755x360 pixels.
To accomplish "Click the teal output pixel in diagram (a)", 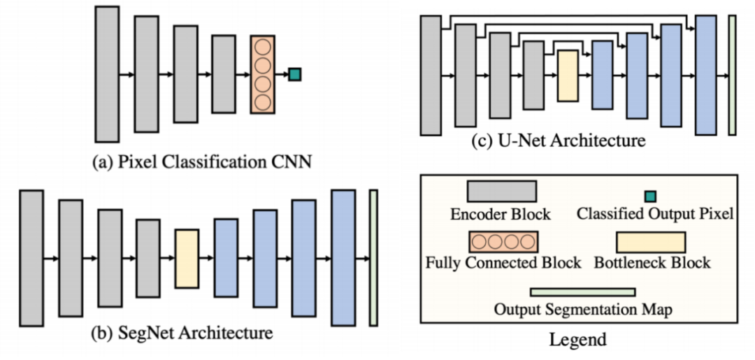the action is (x=295, y=74).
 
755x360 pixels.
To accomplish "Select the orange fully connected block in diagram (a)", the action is (x=262, y=74).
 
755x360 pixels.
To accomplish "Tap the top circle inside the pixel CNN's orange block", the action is (x=262, y=47).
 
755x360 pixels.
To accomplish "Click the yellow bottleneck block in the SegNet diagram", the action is (x=187, y=259).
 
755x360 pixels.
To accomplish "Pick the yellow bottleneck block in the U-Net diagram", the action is (x=568, y=75).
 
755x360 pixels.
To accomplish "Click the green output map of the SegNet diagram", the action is (x=373, y=257).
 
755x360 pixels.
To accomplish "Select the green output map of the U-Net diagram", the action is (x=732, y=75).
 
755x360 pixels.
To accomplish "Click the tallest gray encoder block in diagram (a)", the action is (x=107, y=74).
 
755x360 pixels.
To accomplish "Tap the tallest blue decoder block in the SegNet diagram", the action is (x=343, y=257).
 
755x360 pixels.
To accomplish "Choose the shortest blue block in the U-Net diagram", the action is (x=603, y=75).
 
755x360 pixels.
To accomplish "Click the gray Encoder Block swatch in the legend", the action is (x=502, y=191).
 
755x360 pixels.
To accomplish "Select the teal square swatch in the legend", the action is (x=651, y=196).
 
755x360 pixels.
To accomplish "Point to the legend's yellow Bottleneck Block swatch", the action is (x=651, y=242).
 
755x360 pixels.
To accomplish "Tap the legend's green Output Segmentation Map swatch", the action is (x=582, y=291).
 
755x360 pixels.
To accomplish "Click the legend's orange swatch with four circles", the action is (x=503, y=242).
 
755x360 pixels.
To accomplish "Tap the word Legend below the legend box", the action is (x=578, y=340).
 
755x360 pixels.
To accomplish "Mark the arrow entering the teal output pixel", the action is (x=282, y=74).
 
